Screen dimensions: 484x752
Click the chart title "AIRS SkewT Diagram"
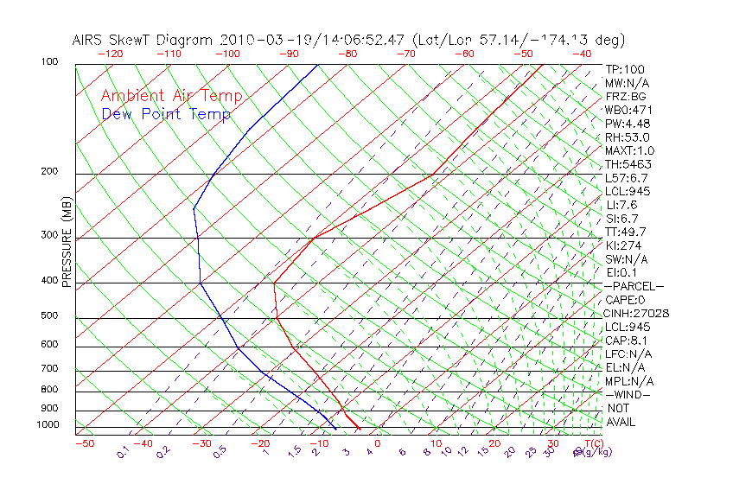pyautogui.click(x=143, y=41)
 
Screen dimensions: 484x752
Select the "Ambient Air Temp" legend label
pyautogui.click(x=172, y=97)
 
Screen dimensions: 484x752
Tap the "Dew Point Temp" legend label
pyautogui.click(x=166, y=114)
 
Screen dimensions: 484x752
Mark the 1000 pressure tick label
pyautogui.click(x=50, y=425)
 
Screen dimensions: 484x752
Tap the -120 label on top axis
pyautogui.click(x=110, y=53)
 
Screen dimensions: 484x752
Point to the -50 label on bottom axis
pyautogui.click(x=84, y=444)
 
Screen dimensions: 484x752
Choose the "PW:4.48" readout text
pyautogui.click(x=627, y=124)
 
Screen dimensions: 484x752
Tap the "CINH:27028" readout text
pyautogui.click(x=637, y=314)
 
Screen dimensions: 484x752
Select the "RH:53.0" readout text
pyautogui.click(x=627, y=137)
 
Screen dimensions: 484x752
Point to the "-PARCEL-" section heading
pyautogui.click(x=634, y=286)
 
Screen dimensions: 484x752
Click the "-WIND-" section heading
pyautogui.click(x=628, y=395)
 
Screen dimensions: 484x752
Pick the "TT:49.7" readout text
pyautogui.click(x=627, y=232)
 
